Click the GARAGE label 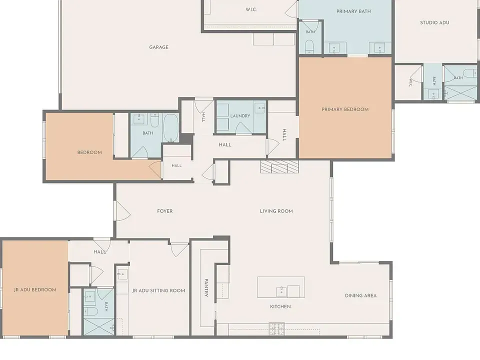pos(158,47)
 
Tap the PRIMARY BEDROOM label pos(345,109)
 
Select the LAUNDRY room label pos(240,115)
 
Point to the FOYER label pos(164,211)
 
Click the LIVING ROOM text pos(276,211)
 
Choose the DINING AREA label pos(360,295)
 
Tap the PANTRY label pos(206,287)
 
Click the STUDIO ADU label pos(434,22)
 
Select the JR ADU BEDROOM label pos(35,289)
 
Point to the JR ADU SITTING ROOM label pos(158,290)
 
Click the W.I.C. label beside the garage pos(251,9)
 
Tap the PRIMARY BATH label pos(353,11)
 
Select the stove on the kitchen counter pos(276,328)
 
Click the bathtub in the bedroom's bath pos(170,127)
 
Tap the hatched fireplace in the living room pos(279,166)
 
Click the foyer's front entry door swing pos(122,210)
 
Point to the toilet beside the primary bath pos(309,46)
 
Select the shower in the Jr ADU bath pos(99,326)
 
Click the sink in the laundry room pos(260,108)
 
